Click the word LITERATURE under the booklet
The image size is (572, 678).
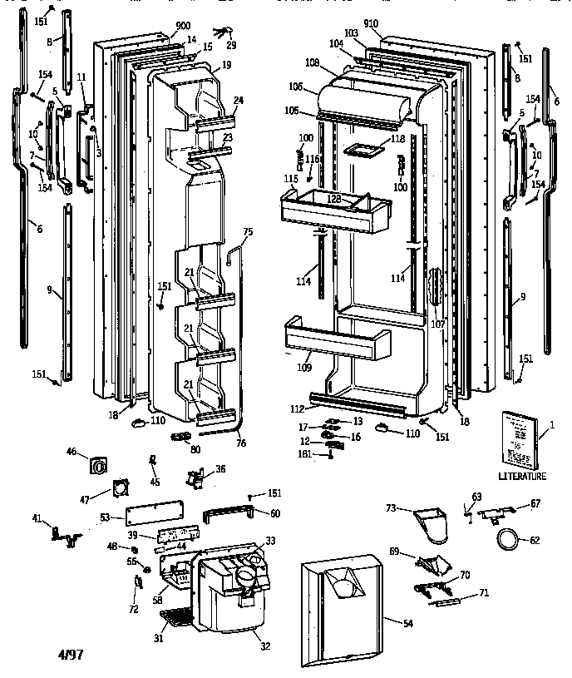coord(522,477)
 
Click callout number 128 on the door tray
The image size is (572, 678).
coord(335,199)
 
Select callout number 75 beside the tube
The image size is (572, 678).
coord(248,230)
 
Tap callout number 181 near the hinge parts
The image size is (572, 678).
coord(305,454)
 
